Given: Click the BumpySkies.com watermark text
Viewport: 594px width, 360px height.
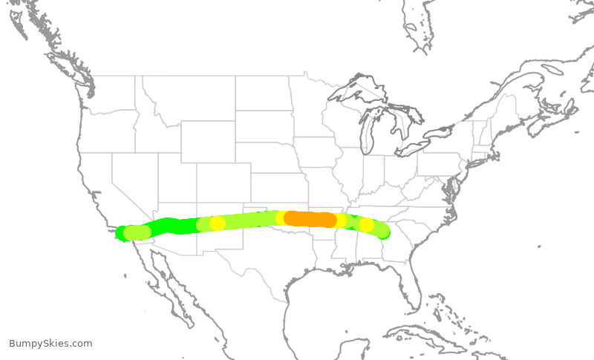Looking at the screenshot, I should pyautogui.click(x=50, y=344).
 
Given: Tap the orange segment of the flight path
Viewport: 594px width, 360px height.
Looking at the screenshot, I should pyautogui.click(x=310, y=219).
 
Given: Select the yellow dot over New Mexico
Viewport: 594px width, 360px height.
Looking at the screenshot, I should pyautogui.click(x=217, y=223).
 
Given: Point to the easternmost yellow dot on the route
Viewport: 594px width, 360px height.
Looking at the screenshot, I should pyautogui.click(x=366, y=225).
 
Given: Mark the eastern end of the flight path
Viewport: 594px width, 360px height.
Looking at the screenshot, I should pyautogui.click(x=384, y=232).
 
